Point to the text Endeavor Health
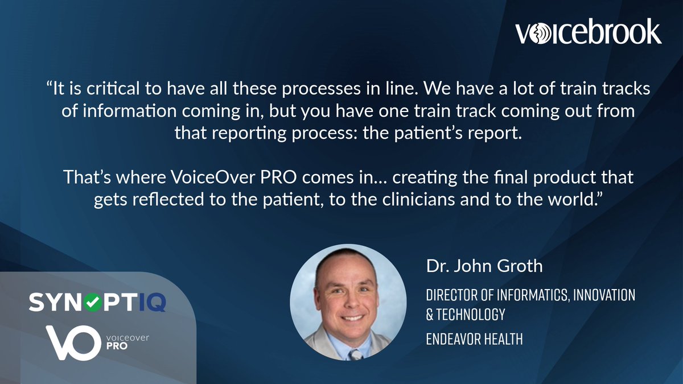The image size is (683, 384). [x=475, y=340]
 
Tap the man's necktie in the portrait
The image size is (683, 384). [x=354, y=354]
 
